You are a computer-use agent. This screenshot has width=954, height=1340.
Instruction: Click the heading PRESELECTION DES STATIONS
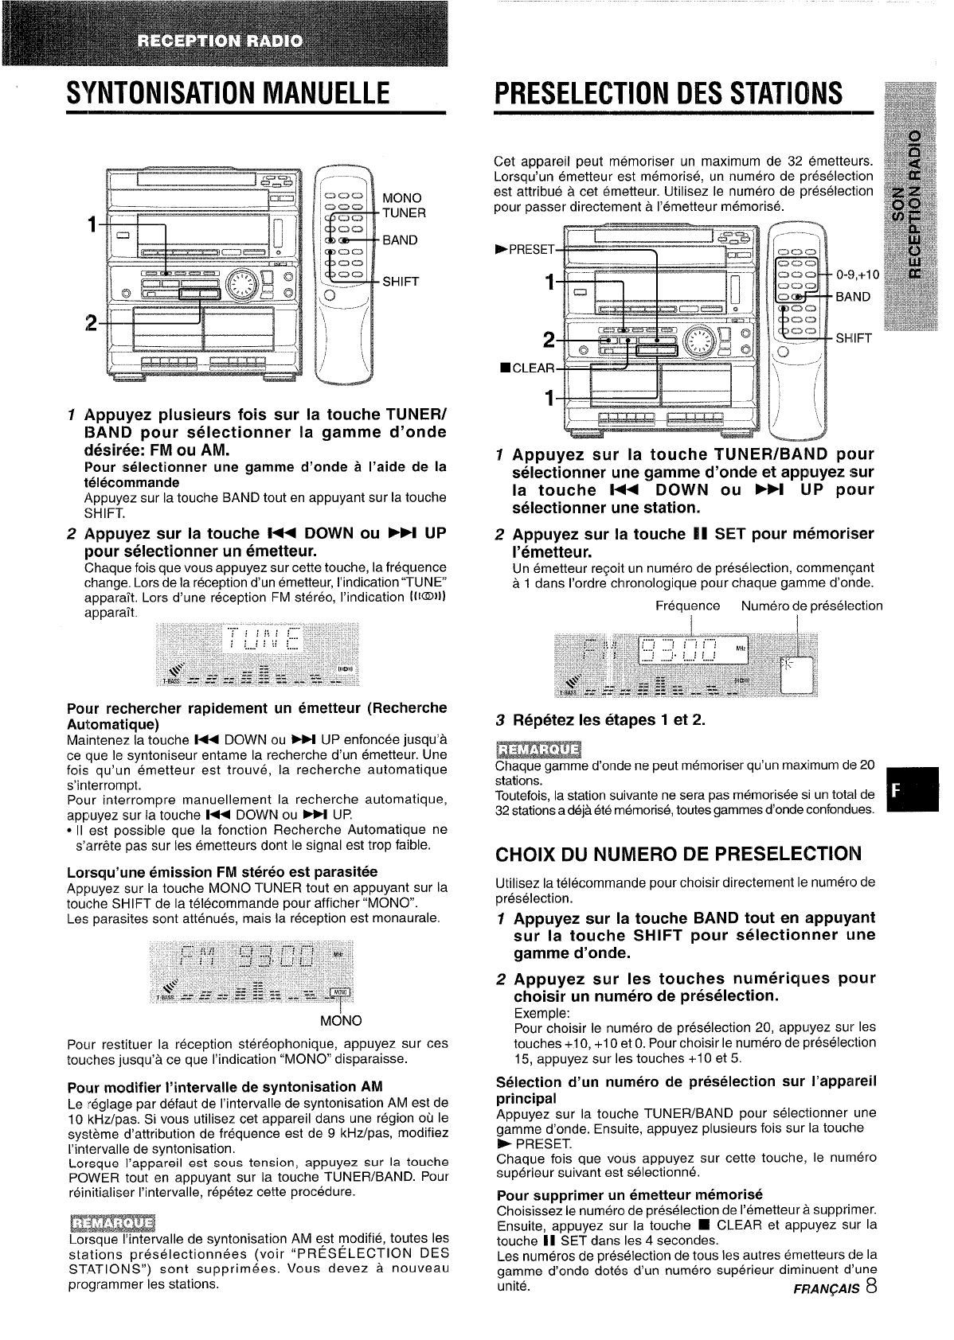(667, 94)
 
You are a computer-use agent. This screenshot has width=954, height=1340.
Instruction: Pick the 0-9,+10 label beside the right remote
(858, 275)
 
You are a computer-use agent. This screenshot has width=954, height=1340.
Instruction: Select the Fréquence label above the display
(687, 606)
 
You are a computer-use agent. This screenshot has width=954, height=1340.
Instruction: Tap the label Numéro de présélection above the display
(811, 606)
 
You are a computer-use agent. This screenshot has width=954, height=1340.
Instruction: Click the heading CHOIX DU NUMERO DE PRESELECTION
(678, 855)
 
